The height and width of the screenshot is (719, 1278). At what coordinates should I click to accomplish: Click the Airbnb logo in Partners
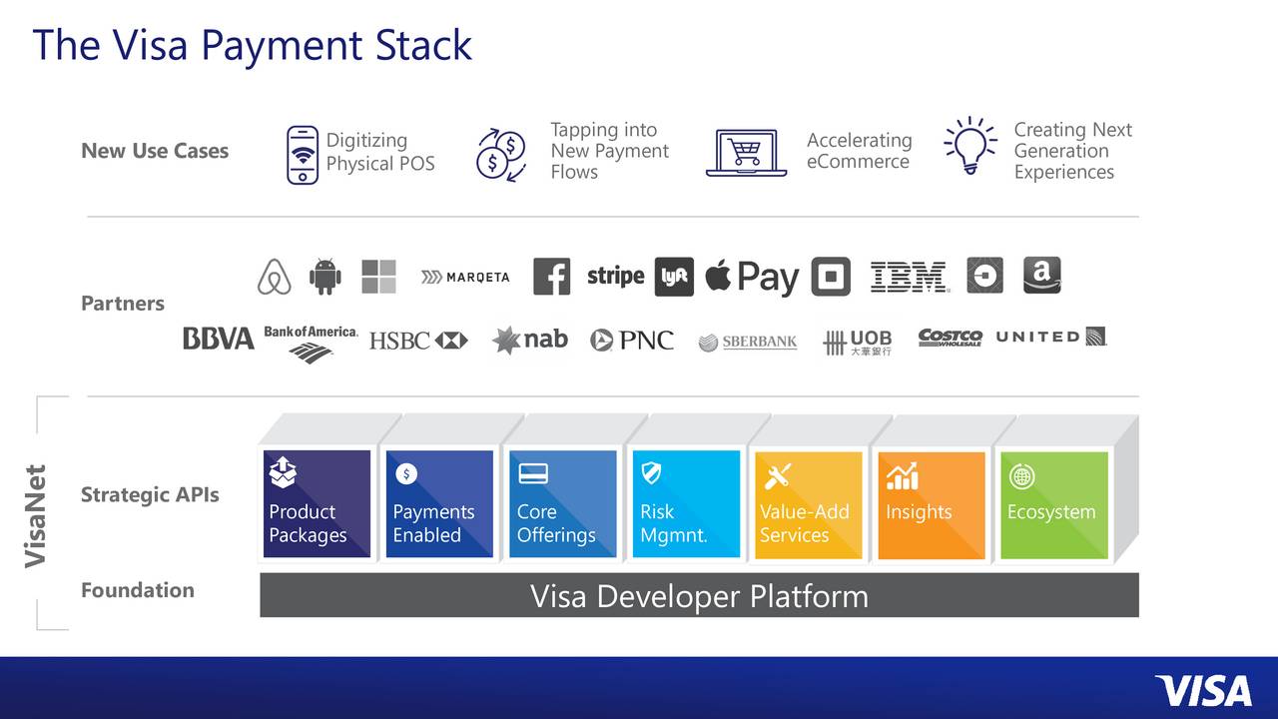coord(274,277)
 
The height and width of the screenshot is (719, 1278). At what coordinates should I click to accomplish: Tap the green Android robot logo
coord(324,277)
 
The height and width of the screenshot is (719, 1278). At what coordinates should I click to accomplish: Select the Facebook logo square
coord(551,277)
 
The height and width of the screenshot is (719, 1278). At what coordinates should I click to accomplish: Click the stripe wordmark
coord(615,276)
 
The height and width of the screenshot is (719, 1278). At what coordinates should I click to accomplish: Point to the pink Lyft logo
coord(674,278)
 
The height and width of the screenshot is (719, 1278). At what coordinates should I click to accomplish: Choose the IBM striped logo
coord(909,277)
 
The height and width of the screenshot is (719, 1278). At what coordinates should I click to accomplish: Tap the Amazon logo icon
coord(1041,276)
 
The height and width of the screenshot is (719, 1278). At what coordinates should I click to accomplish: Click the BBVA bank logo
coord(218,340)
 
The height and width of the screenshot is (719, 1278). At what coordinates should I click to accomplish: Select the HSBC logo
coord(418,341)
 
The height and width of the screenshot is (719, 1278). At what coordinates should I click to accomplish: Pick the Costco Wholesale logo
coord(950,338)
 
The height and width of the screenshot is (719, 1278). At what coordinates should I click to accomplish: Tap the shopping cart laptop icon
coord(745,153)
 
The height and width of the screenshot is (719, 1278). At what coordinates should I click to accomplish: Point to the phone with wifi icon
coord(303,155)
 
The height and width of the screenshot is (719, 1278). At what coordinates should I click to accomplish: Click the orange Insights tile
coord(931,505)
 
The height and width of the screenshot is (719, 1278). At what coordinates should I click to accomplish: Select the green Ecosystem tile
coord(1053,505)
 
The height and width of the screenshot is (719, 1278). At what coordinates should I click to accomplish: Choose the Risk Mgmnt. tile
coord(686,505)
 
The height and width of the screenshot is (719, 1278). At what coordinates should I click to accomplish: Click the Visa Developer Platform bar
coord(699,596)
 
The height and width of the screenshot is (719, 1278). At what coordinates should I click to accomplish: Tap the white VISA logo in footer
coord(1202,690)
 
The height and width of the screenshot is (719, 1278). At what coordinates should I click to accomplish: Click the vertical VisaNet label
coord(36,516)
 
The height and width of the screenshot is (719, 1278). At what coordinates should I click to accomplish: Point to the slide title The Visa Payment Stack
coord(252,46)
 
